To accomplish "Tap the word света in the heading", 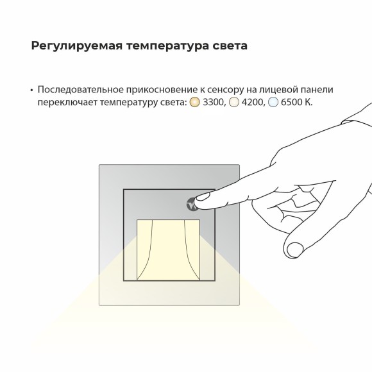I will tap(228, 47).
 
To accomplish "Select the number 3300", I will tap(214, 103).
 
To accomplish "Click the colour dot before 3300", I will tap(195, 103).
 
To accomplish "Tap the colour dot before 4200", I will tap(234, 103).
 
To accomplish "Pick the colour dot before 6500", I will tap(273, 103).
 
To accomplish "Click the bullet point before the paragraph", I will tap(31, 90).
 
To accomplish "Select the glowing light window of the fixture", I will tap(169, 249).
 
